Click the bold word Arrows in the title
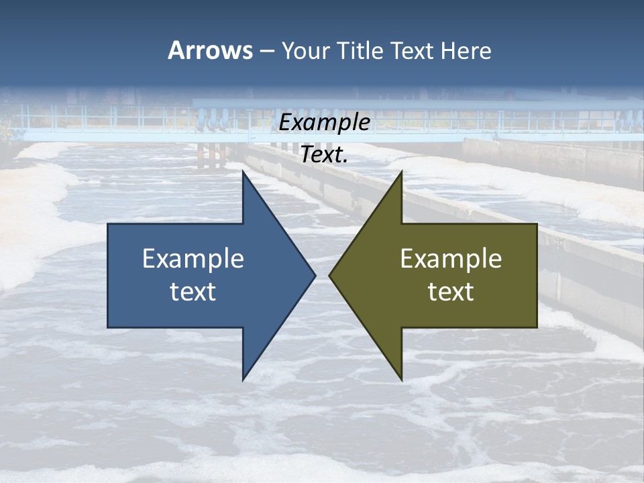(x=210, y=50)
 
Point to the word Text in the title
(x=413, y=51)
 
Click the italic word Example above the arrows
(x=325, y=123)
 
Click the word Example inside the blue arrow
(x=193, y=258)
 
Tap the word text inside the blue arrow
(x=193, y=292)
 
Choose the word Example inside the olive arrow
(x=451, y=258)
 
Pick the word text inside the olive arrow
(x=451, y=292)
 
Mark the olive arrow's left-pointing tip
(x=330, y=275)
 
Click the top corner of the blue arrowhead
(x=244, y=172)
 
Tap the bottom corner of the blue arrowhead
(x=244, y=379)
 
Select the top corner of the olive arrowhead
(x=401, y=172)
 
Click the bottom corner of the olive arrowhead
(x=401, y=379)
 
